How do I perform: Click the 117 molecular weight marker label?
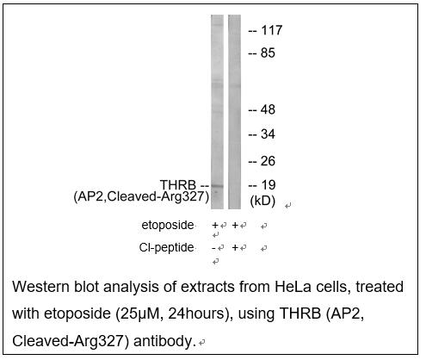point(271,30)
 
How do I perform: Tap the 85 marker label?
point(268,53)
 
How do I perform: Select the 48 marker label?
point(268,109)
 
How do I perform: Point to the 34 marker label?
point(268,134)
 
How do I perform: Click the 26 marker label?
point(268,161)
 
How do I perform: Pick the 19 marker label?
point(269,185)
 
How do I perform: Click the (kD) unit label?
point(262,202)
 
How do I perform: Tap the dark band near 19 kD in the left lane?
point(217,186)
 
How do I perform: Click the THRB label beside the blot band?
point(178,185)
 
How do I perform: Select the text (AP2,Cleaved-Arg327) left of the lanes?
point(141,197)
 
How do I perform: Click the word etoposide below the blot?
point(168,225)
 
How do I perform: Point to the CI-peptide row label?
point(166,247)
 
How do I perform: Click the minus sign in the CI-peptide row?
point(213,248)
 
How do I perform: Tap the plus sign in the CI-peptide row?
point(235,247)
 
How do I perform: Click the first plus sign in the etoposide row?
point(215,226)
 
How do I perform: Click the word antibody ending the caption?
point(164,341)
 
